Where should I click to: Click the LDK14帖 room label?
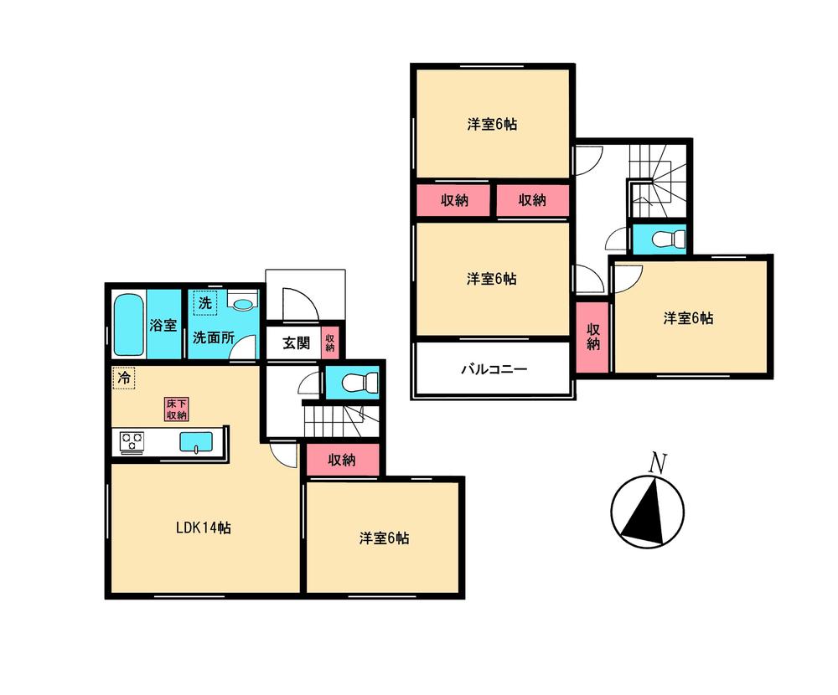point(203,528)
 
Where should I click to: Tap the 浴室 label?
point(163,325)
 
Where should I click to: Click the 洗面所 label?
point(213,338)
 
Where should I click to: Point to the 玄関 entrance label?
point(295,343)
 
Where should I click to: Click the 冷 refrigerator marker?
point(123,378)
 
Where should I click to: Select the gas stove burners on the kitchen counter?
point(132,441)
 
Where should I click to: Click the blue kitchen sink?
point(196,441)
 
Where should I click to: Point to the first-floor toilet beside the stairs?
point(351,384)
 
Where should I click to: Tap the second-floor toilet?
point(659,239)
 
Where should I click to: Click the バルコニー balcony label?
point(494,369)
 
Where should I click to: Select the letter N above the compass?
point(659,462)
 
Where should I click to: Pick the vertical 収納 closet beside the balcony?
point(593,336)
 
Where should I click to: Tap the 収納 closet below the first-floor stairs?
point(342,460)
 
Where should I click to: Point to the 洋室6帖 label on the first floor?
point(385,538)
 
